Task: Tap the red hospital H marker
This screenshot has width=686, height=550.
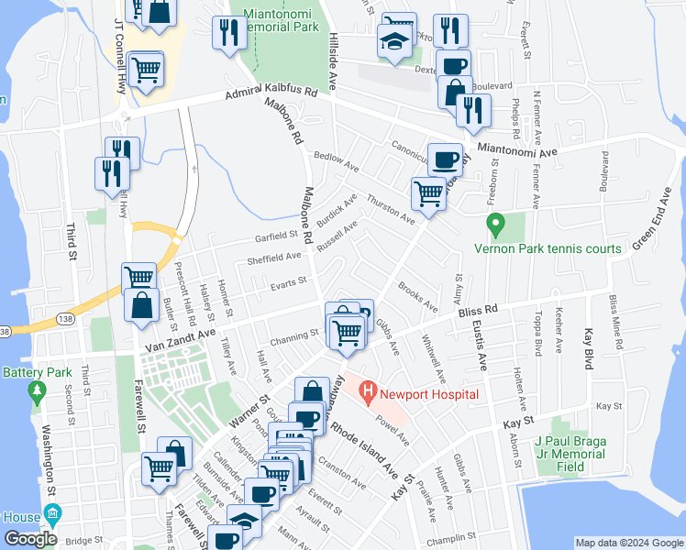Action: pyautogui.click(x=369, y=394)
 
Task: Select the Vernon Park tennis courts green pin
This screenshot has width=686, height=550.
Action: pyautogui.click(x=495, y=223)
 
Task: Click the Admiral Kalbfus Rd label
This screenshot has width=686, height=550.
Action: pyautogui.click(x=271, y=93)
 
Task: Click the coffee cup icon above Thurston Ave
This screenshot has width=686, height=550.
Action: pyautogui.click(x=446, y=159)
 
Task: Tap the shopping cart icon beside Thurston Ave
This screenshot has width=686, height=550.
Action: pyautogui.click(x=429, y=194)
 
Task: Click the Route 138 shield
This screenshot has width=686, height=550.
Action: pyautogui.click(x=5, y=331)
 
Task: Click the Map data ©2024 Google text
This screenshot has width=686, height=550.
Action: pyautogui.click(x=629, y=543)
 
